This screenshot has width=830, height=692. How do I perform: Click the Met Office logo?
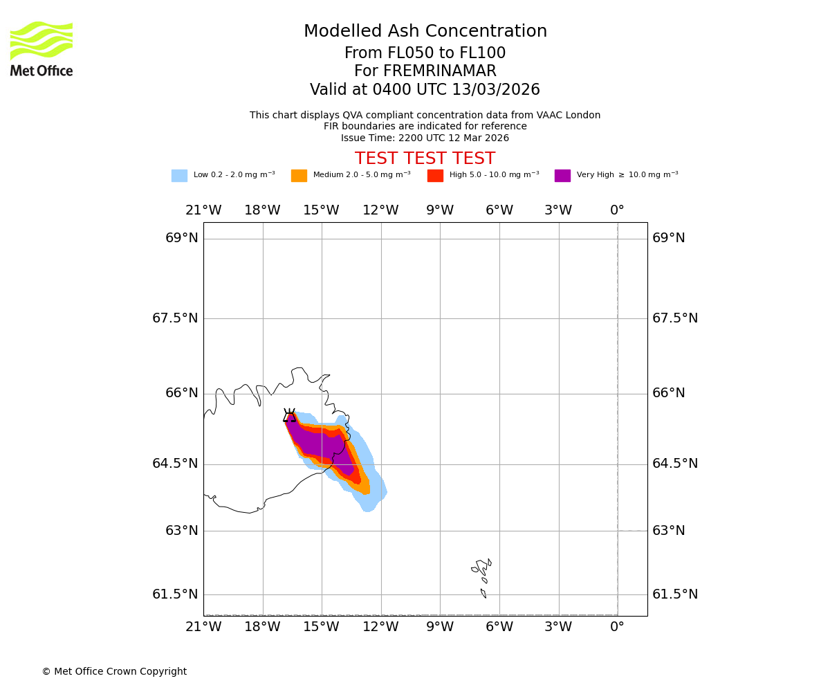pos(41,48)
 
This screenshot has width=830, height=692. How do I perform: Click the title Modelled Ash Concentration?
pos(425,32)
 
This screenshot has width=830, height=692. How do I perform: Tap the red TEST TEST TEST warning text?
pos(425,159)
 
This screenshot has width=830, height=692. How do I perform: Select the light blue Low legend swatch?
pos(179,176)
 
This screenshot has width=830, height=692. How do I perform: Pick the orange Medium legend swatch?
pos(299,176)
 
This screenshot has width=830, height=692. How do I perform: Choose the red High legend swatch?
pos(435,176)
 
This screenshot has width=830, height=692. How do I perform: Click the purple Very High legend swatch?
pos(562,176)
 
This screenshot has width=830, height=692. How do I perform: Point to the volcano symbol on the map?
pos(289,415)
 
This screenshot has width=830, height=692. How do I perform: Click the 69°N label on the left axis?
pos(181,238)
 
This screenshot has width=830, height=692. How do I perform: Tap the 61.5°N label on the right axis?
pos(675,594)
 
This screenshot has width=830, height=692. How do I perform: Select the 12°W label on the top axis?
pos(380,210)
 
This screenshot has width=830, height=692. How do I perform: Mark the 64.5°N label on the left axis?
pos(175,464)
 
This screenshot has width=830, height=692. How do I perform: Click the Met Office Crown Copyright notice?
pos(114,672)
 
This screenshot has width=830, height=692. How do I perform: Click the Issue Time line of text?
pos(425,138)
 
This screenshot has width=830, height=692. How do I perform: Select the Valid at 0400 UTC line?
pos(425,90)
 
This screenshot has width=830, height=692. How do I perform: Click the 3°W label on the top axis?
pos(558,210)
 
